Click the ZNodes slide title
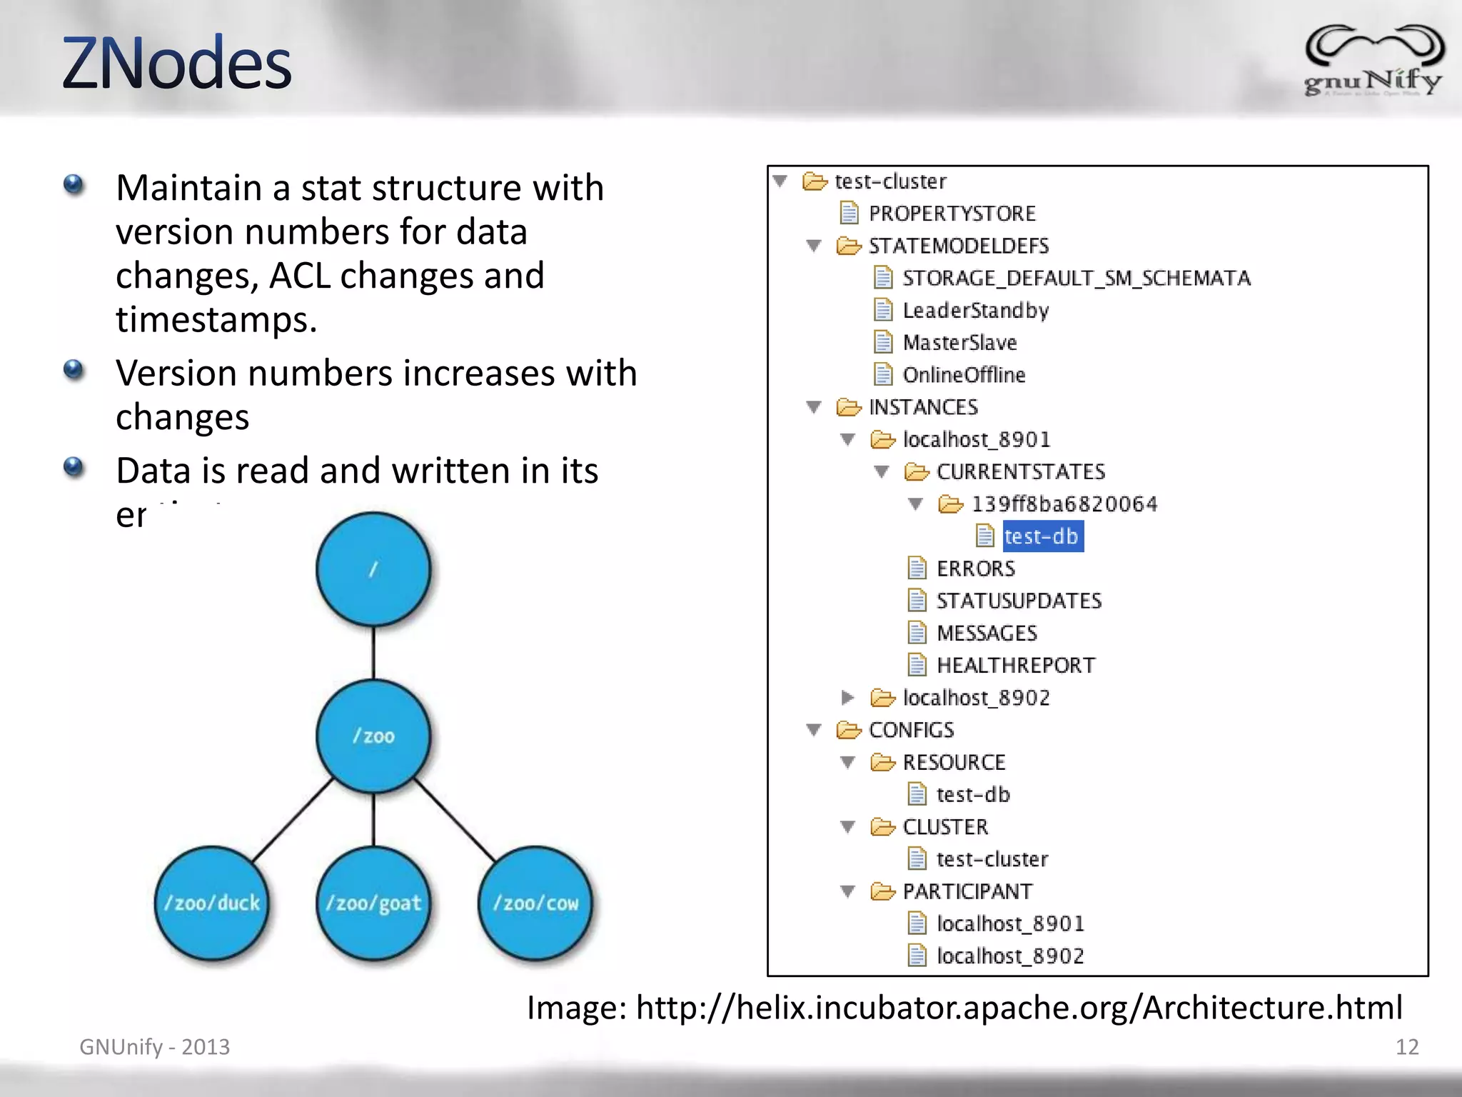tap(176, 64)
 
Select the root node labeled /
tap(373, 569)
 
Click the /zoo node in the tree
tap(373, 736)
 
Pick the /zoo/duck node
tap(212, 903)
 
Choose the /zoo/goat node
tap(373, 903)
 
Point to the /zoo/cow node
tap(535, 903)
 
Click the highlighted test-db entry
tap(1042, 536)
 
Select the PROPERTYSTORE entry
tap(952, 214)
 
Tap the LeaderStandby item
tap(975, 311)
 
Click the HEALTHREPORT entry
tap(1015, 666)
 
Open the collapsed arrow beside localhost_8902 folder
tap(847, 697)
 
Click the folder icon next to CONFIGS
tap(849, 730)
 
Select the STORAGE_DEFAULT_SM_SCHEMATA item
tap(1076, 278)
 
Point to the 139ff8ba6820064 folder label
tap(1064, 504)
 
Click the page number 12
tap(1407, 1047)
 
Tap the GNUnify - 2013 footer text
tap(154, 1047)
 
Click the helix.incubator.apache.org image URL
tap(1019, 1008)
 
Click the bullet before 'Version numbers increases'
tap(74, 370)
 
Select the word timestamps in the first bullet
tap(216, 319)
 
